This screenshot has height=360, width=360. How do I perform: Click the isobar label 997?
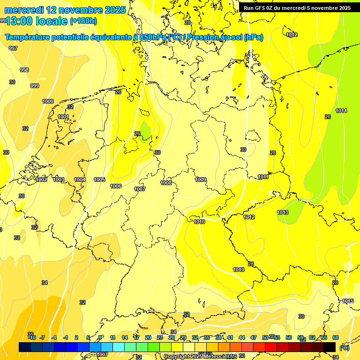point(13,48)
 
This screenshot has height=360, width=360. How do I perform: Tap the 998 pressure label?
point(24,70)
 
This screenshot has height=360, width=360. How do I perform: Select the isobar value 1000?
point(48,101)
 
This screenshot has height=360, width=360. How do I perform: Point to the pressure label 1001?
point(63,117)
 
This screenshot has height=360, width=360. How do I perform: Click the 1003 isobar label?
point(59,180)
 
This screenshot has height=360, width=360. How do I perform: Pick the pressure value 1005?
point(99,180)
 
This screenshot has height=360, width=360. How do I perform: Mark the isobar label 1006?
point(116,186)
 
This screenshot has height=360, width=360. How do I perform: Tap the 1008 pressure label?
point(166,183)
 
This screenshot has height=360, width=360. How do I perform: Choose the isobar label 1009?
point(201,180)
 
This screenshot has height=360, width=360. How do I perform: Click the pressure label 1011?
point(263,177)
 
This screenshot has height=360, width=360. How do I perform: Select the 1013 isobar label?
point(283,212)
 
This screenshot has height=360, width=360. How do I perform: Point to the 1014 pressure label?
point(341,111)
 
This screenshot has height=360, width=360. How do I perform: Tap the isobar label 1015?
point(348,301)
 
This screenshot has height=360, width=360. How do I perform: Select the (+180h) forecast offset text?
point(83,21)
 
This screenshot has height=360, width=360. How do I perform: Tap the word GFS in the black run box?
point(262,8)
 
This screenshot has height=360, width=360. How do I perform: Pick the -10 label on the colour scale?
point(32,337)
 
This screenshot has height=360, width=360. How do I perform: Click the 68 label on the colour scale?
point(336,337)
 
